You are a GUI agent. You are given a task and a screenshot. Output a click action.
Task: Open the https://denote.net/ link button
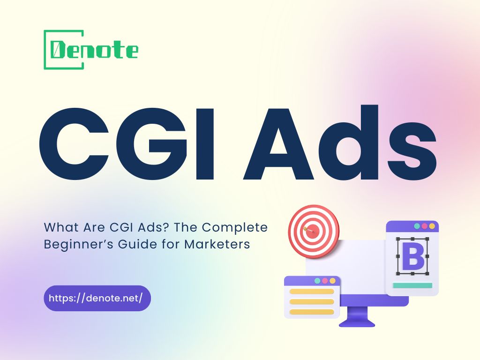coord(97,298)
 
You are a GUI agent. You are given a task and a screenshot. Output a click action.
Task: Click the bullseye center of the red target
coord(314,230)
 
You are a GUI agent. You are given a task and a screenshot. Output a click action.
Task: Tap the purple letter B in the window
coord(412,256)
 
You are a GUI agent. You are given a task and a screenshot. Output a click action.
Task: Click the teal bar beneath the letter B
coord(412,285)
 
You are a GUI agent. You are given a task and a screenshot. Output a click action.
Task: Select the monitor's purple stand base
coord(357,322)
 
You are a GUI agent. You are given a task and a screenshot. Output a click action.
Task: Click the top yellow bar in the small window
coord(312,291)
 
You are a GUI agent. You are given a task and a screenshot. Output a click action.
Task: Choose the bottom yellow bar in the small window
coord(312,312)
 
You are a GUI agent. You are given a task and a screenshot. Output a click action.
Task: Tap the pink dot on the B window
coord(425,226)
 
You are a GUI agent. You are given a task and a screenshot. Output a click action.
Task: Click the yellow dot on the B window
coord(432,226)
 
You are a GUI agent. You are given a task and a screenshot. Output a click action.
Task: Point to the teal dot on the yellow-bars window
coord(317,281)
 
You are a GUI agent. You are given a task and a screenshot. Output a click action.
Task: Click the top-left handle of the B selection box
coord(398,240)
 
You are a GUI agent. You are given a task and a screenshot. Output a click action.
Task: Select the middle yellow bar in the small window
coord(312,301)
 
